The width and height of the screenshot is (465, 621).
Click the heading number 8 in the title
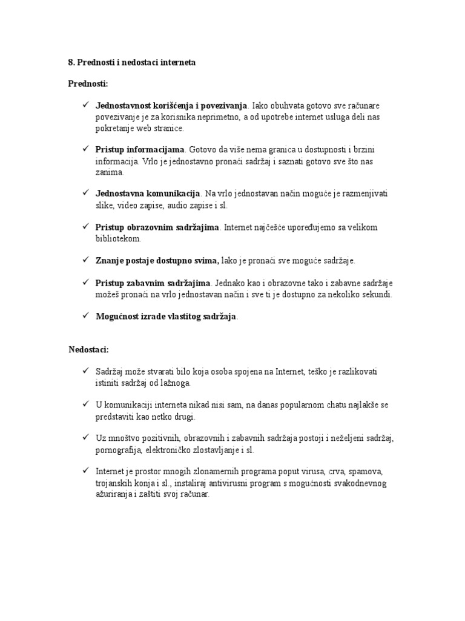pos(70,63)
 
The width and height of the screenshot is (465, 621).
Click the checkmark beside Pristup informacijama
pos(86,148)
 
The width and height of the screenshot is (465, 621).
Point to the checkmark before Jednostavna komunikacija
pos(86,193)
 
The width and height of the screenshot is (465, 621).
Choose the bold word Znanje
pos(110,260)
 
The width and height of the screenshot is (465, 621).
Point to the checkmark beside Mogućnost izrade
pos(86,316)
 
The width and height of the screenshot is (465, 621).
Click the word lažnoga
pos(176,383)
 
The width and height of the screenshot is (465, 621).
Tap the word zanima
pos(109,172)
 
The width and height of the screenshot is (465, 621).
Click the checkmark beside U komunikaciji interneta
pos(86,404)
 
